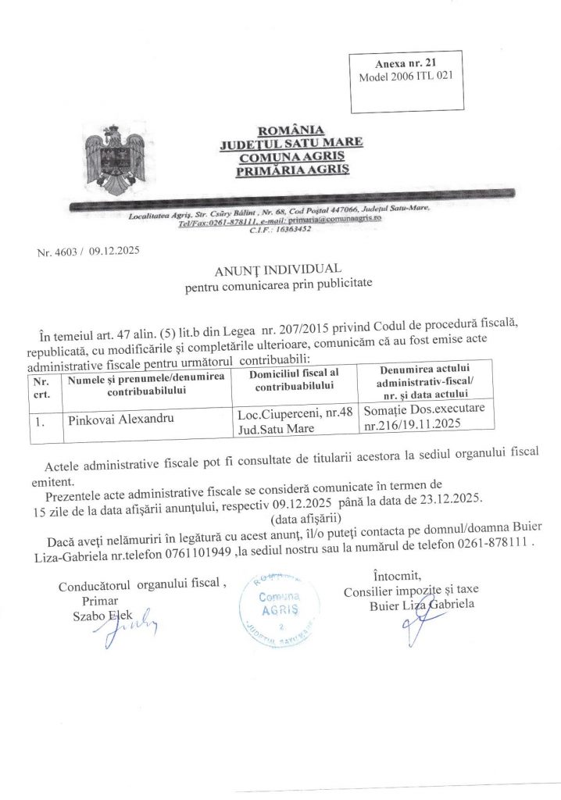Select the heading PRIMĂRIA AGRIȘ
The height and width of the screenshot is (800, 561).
pos(284,169)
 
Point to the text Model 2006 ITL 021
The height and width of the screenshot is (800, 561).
pos(406,77)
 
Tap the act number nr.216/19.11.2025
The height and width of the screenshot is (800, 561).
pos(412,427)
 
